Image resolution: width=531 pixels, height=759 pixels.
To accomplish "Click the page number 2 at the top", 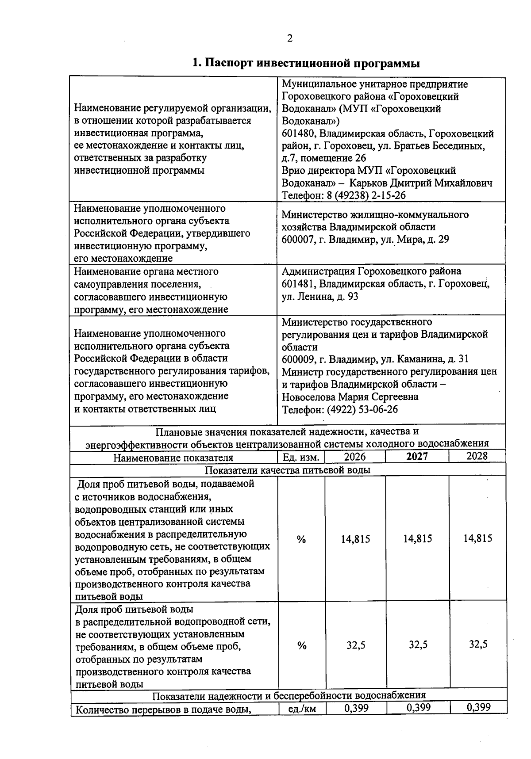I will click(290, 39).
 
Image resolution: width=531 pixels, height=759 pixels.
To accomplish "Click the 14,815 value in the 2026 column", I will click(355, 539).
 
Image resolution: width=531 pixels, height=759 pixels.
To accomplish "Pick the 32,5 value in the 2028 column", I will click(478, 644).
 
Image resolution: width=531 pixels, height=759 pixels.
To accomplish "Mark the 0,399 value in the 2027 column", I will click(418, 708).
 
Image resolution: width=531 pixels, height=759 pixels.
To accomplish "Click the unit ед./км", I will click(302, 709).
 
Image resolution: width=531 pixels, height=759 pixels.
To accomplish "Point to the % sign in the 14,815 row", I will click(301, 539).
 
